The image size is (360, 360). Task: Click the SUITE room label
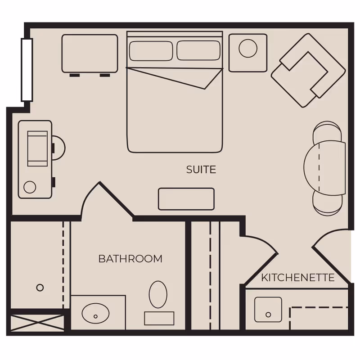click(201, 170)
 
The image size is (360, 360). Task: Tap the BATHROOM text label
click(130, 259)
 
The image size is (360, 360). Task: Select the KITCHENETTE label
click(298, 278)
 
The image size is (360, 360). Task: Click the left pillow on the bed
click(151, 51)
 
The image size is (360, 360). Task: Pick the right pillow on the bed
click(198, 50)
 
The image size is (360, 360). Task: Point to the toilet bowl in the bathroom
click(158, 294)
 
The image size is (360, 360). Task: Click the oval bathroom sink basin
click(96, 312)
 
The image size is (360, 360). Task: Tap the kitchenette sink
click(268, 309)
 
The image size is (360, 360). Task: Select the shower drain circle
click(40, 287)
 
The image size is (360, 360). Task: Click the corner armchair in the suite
click(307, 70)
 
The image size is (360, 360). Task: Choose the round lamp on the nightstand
click(248, 49)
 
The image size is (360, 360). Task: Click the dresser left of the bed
click(90, 53)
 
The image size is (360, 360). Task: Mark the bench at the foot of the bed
click(186, 199)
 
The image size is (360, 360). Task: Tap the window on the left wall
click(27, 70)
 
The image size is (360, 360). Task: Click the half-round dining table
click(325, 168)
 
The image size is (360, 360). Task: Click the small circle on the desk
click(30, 187)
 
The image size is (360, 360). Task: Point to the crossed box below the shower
click(37, 323)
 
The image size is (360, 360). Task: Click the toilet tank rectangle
click(159, 318)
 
